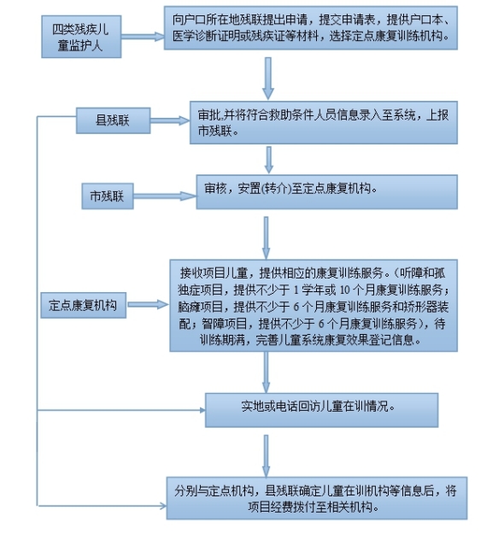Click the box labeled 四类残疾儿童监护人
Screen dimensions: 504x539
click(x=81, y=37)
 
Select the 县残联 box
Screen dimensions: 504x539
click(x=113, y=120)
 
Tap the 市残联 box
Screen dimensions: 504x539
click(x=108, y=196)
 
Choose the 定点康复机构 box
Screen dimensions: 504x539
click(x=83, y=305)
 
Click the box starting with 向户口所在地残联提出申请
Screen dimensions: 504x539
click(x=310, y=28)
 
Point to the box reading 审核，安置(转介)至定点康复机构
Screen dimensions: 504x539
click(x=326, y=192)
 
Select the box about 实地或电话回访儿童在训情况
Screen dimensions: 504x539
click(x=321, y=410)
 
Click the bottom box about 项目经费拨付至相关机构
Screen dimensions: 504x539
click(x=317, y=498)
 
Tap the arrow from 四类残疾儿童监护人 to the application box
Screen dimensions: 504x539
click(x=143, y=37)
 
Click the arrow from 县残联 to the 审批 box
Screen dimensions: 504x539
click(x=170, y=120)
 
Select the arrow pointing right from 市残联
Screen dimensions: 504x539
click(x=165, y=196)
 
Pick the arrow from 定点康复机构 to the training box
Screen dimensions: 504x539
click(x=148, y=305)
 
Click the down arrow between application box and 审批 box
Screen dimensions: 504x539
click(x=268, y=79)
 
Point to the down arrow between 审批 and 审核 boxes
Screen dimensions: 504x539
click(x=269, y=160)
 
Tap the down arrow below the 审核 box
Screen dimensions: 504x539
click(x=267, y=237)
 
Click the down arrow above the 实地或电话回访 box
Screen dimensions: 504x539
click(x=267, y=372)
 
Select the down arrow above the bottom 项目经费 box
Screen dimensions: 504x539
click(x=266, y=456)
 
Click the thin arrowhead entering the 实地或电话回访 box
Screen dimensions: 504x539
click(x=202, y=410)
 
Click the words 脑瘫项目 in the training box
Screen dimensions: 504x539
click(x=200, y=307)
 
